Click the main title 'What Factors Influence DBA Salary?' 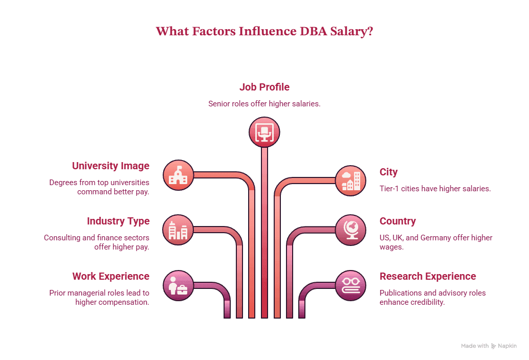tap(264, 31)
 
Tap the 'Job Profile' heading tap(264, 87)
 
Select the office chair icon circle tap(264, 132)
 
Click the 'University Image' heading tap(111, 166)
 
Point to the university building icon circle tap(179, 175)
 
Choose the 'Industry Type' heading tap(118, 221)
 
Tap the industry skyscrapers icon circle tap(178, 230)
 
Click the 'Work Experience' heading tap(111, 277)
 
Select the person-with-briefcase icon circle tap(179, 285)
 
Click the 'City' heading tap(389, 172)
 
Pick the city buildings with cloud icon tap(350, 181)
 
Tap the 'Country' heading tap(398, 221)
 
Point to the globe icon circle tap(350, 230)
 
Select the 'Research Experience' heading tap(428, 277)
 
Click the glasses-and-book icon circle tap(350, 285)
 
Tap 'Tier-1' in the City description tap(389, 188)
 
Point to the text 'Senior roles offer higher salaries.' tap(264, 104)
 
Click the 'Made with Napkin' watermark tap(489, 346)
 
